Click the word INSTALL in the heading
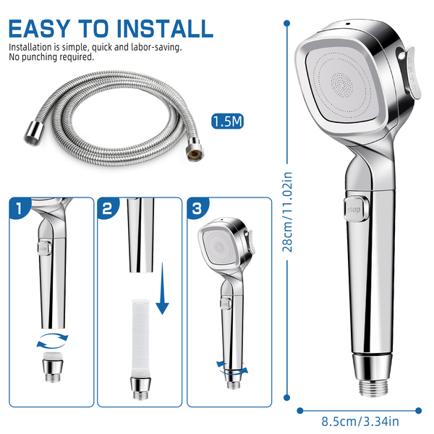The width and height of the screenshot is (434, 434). (165, 28)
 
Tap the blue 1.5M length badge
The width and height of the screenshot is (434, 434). (227, 122)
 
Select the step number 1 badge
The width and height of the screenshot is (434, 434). (19, 208)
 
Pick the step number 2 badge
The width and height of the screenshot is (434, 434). (107, 208)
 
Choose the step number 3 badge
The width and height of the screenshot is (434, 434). (197, 208)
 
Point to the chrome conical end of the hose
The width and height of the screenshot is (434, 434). (34, 133)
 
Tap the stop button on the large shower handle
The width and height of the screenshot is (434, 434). (356, 209)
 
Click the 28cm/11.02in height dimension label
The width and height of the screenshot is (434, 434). (287, 212)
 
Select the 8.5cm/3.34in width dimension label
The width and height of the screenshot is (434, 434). (360, 422)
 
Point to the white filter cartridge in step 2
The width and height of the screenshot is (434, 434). (141, 338)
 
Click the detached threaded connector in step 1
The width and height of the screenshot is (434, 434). (53, 367)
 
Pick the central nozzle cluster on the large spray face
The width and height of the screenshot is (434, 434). (342, 85)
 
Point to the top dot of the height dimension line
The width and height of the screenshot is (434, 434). (287, 23)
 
